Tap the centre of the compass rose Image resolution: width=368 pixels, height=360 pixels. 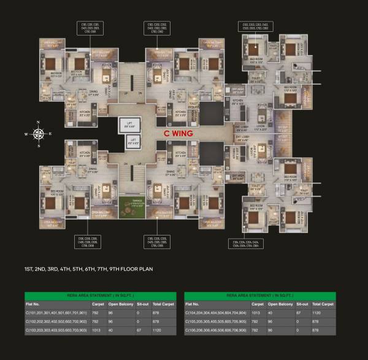pos(38,133)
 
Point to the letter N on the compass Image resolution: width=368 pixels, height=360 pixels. pos(38,121)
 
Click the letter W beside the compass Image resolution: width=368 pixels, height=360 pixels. pos(26,133)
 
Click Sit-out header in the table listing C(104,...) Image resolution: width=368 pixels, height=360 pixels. pos(302,304)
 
